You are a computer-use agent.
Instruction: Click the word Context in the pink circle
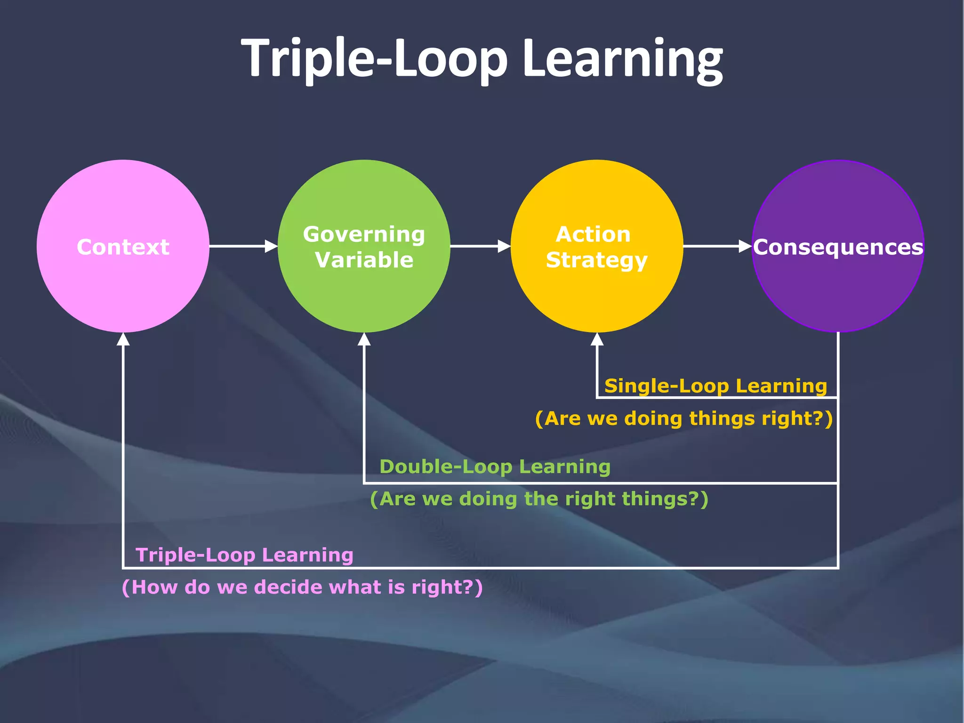[123, 247]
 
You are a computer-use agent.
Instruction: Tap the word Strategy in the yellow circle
[596, 260]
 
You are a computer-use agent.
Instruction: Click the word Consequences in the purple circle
[838, 247]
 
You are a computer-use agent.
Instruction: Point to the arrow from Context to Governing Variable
[242, 246]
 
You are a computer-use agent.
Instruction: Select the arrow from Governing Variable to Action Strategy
[480, 246]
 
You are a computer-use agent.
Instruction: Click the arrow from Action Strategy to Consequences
[716, 246]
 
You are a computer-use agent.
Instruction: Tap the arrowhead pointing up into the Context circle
[123, 339]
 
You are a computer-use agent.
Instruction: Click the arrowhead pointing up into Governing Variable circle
[364, 339]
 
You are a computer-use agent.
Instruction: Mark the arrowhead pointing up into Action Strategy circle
[597, 339]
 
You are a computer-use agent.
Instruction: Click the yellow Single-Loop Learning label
[715, 386]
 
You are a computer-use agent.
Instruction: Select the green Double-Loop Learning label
[495, 466]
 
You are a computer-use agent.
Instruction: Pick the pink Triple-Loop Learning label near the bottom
[244, 554]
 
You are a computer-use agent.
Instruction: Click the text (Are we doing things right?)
[683, 418]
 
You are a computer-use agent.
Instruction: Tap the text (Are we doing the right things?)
[539, 498]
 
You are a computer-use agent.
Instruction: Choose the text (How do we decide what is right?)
[302, 587]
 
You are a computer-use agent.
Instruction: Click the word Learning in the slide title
[622, 59]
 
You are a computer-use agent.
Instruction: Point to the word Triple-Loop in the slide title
[374, 59]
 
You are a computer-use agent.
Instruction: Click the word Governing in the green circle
[364, 234]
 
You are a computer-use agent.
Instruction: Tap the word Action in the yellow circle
[593, 234]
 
